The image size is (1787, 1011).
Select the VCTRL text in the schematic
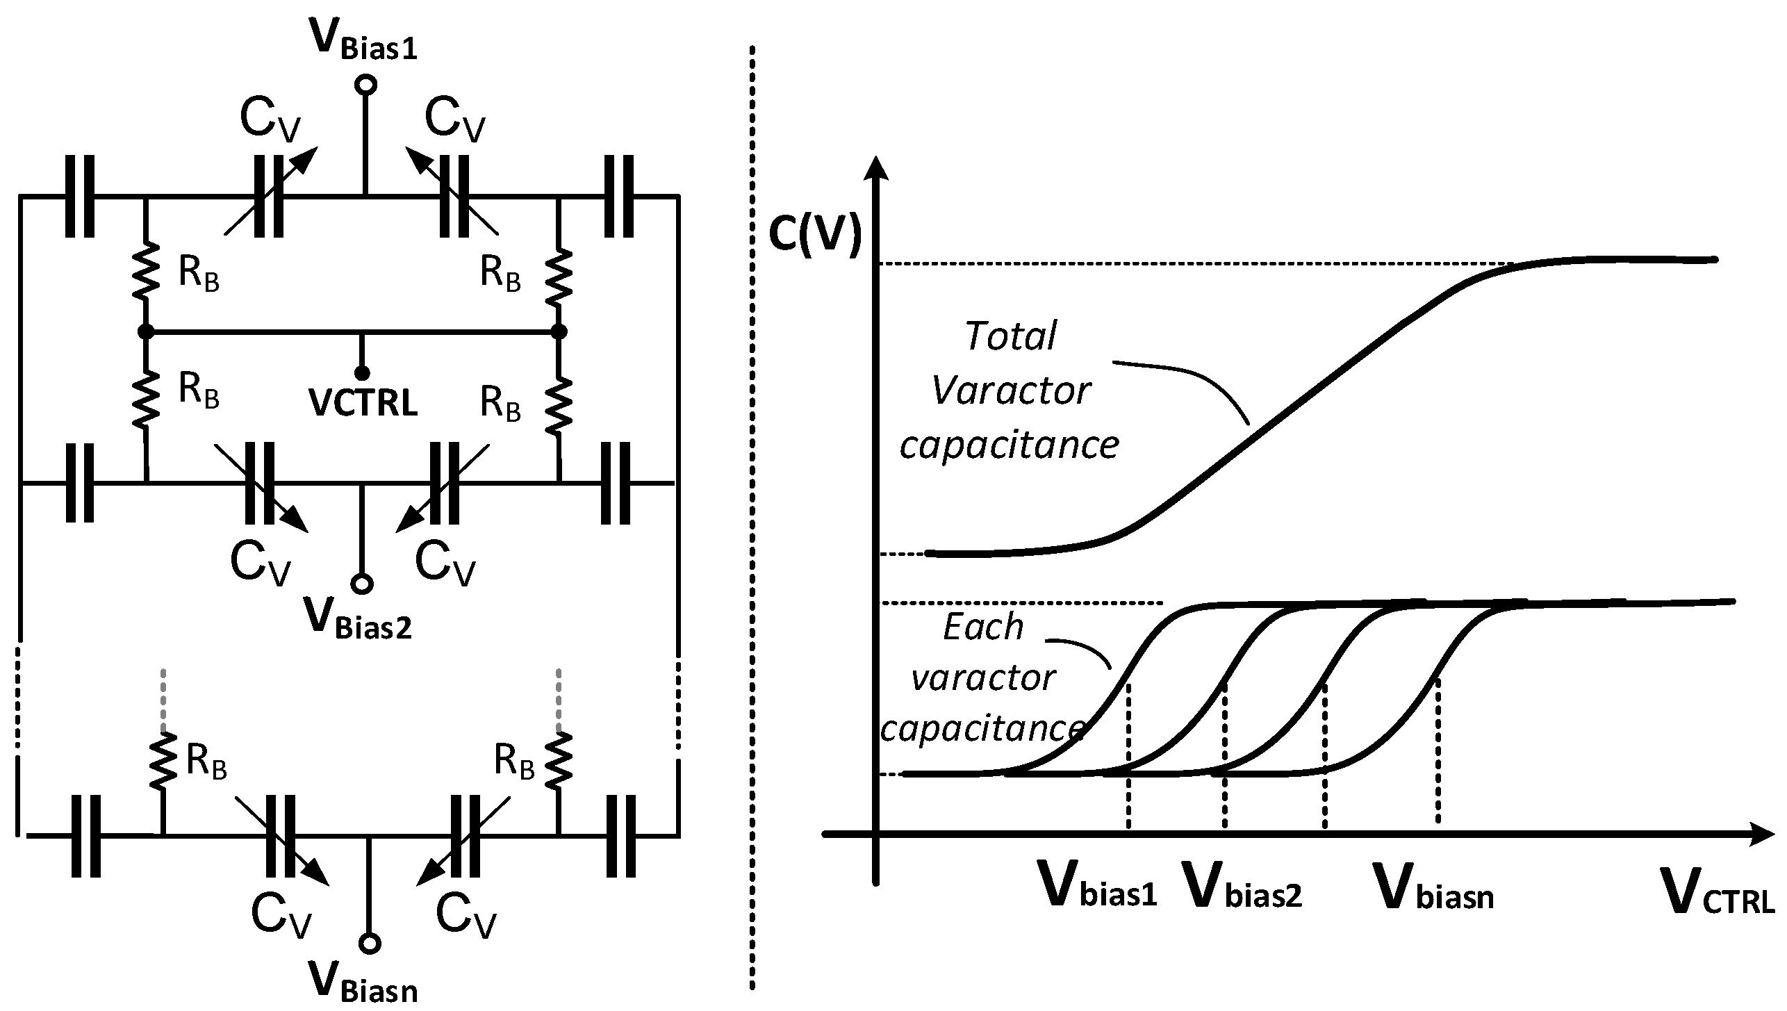coord(363,403)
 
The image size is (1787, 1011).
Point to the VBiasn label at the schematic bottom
coord(363,981)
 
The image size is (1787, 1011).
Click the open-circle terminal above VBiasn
coord(370,944)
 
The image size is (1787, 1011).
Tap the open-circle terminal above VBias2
coord(361,584)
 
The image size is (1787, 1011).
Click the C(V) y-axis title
coord(814,236)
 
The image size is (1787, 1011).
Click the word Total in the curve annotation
coord(1010,336)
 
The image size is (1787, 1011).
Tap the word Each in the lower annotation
coord(983,627)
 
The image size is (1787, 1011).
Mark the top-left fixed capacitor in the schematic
coord(80,197)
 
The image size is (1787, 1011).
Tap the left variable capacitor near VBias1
coord(268,197)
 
